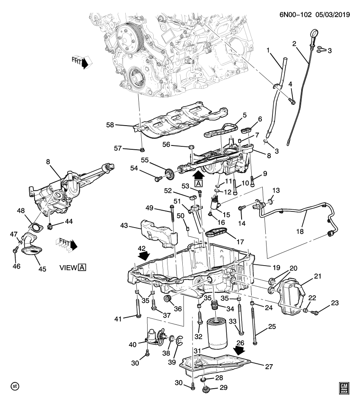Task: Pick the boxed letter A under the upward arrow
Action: coord(198,183)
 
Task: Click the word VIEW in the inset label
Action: coord(68,267)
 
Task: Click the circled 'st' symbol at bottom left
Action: coord(15,387)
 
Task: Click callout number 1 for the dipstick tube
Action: coord(268,52)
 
